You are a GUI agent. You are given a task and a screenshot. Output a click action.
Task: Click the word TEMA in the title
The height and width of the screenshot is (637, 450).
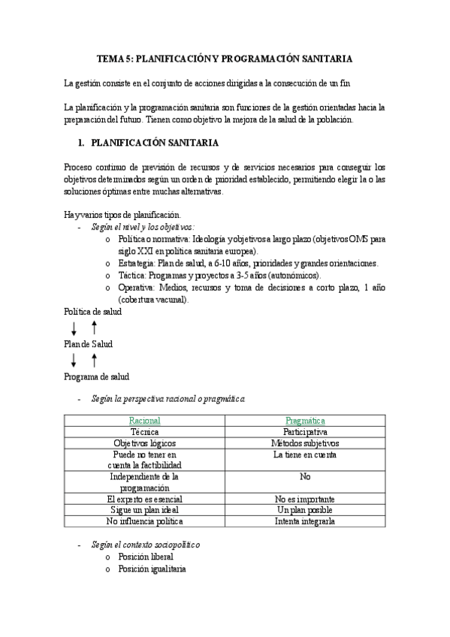coord(111,58)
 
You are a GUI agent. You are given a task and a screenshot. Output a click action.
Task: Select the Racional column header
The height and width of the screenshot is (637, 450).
coord(144,421)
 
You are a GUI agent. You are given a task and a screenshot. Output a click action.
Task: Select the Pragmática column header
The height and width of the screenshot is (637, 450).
coord(304,421)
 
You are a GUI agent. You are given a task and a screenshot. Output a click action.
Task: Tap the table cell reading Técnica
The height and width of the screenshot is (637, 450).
coord(144,433)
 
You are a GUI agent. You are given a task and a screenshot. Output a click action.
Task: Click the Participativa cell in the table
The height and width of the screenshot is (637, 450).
coord(304,433)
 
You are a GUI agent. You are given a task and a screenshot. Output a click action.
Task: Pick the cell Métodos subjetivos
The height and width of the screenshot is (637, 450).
coord(304,443)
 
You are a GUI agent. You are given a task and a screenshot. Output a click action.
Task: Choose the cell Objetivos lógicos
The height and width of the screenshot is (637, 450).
coord(144,443)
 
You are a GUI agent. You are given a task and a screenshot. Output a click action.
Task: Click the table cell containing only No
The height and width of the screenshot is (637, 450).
coord(304,476)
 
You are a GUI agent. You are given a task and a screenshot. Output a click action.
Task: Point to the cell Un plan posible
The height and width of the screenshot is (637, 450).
coord(304,509)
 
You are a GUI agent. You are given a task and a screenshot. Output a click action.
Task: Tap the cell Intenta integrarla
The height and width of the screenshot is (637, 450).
coord(304,520)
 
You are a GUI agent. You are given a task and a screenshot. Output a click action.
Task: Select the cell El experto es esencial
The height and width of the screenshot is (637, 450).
coord(144,499)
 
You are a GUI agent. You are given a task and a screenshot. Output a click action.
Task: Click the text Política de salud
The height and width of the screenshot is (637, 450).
coord(92,312)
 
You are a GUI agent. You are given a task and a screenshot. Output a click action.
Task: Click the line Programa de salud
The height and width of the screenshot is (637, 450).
coord(96,376)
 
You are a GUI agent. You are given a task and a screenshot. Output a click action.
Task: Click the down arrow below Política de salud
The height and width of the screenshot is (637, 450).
coord(74,328)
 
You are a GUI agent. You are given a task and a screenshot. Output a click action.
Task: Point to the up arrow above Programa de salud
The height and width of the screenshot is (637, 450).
coord(94,360)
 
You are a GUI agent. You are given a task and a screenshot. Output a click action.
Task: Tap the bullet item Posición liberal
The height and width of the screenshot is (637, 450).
coord(146,557)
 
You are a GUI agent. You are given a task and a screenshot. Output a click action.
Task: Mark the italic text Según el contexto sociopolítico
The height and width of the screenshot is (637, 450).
coord(146,544)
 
